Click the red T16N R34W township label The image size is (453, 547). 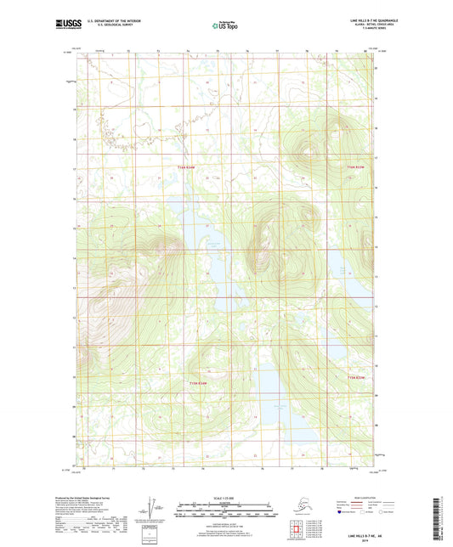click(x=186, y=168)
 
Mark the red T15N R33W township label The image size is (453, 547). click(x=357, y=377)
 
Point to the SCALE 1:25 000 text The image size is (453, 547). click(x=226, y=497)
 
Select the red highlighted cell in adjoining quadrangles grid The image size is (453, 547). click(x=297, y=533)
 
